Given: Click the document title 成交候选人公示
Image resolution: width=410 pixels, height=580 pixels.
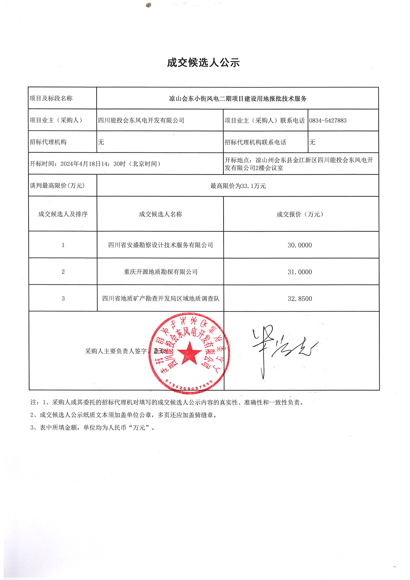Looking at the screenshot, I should pyautogui.click(x=203, y=63).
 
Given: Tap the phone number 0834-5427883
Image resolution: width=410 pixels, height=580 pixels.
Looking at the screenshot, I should pyautogui.click(x=328, y=121).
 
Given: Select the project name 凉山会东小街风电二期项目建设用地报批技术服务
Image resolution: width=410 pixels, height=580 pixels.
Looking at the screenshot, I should pyautogui.click(x=237, y=98).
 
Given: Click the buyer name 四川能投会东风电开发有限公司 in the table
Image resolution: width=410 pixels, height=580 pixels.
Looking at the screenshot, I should pyautogui.click(x=141, y=121).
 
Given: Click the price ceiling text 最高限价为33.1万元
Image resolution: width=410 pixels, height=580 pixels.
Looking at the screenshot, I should pyautogui.click(x=238, y=186).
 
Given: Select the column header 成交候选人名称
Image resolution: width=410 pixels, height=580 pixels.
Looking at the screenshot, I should pyautogui.click(x=160, y=214).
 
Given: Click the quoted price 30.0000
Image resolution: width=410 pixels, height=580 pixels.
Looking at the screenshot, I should pyautogui.click(x=300, y=245).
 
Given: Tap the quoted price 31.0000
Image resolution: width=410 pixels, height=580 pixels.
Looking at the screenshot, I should pyautogui.click(x=300, y=272).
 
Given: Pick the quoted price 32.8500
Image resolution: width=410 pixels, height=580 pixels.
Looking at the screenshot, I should pyautogui.click(x=300, y=299).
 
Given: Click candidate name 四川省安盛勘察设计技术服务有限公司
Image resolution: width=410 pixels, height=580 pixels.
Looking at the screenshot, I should pyautogui.click(x=160, y=245).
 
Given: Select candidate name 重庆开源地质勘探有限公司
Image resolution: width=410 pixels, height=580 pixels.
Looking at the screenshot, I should pyautogui.click(x=160, y=272).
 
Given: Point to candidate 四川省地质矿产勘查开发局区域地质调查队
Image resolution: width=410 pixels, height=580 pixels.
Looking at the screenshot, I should pyautogui.click(x=160, y=299).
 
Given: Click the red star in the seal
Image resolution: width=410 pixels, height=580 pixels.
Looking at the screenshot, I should pyautogui.click(x=189, y=353).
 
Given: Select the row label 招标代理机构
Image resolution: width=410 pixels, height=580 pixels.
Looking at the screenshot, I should pyautogui.click(x=48, y=142).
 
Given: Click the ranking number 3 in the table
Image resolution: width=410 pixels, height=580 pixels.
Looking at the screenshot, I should pyautogui.click(x=63, y=299).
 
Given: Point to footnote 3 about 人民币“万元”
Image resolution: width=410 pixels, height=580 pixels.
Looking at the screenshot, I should pyautogui.click(x=93, y=427).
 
